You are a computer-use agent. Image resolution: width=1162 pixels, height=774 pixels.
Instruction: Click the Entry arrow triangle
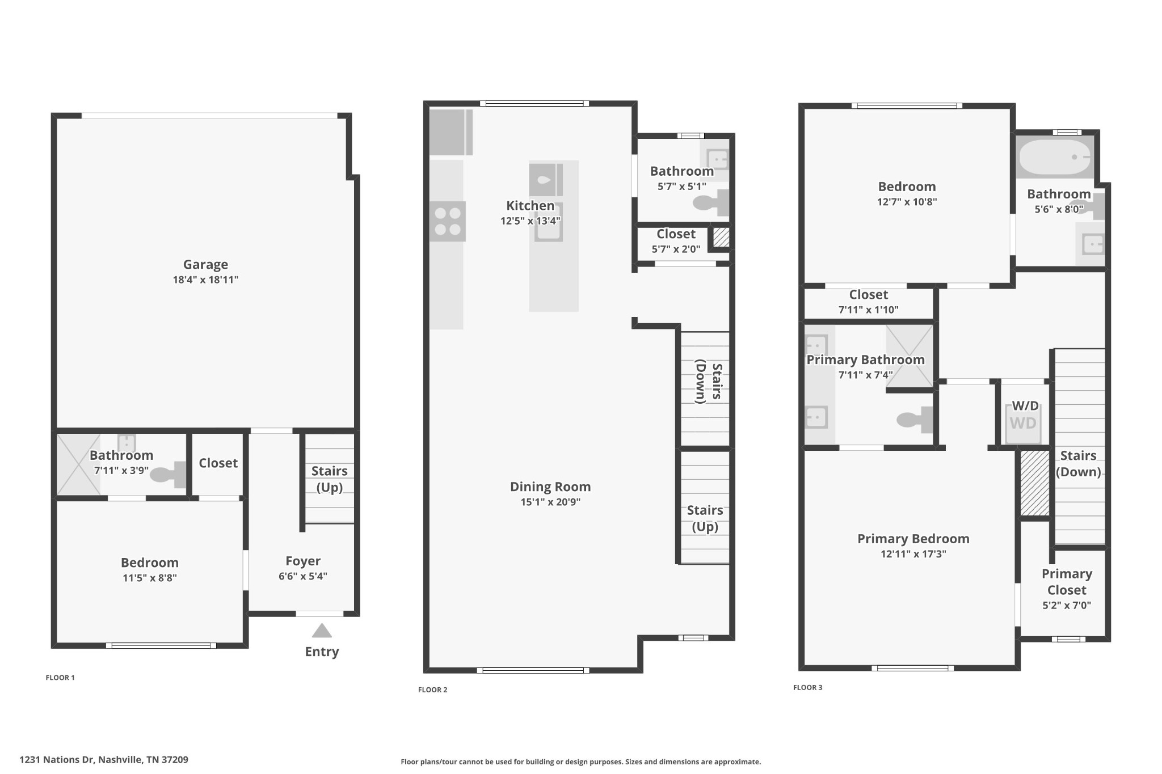pos(322,631)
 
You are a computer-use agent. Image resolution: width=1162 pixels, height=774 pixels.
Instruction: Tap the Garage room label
pos(205,264)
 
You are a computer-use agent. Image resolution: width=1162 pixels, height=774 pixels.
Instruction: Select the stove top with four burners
pos(447,221)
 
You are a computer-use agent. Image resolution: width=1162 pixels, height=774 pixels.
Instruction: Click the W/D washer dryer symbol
pos(1023,423)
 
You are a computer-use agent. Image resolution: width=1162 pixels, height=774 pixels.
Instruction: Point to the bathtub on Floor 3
pos(1055,157)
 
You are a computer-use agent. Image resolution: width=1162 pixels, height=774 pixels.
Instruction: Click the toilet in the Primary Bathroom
pos(915,420)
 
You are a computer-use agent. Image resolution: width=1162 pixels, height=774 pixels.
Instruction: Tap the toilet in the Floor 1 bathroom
pos(168,475)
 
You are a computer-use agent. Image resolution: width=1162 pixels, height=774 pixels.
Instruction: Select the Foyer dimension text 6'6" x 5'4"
pos(303,576)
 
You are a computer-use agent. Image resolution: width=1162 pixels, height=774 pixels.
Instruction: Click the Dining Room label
pos(550,487)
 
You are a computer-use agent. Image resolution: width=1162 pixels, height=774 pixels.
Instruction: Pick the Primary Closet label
pos(1067,582)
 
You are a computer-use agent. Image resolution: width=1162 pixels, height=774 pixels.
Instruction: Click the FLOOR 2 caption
pos(433,690)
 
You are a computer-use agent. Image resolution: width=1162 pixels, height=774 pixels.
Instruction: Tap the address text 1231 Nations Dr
pos(57,759)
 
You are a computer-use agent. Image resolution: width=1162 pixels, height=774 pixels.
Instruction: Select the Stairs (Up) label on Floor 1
pos(330,479)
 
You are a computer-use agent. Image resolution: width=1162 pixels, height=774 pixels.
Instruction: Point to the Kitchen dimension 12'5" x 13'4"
pos(531,221)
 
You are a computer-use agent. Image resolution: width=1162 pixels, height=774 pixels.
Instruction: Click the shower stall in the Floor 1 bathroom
pos(79,464)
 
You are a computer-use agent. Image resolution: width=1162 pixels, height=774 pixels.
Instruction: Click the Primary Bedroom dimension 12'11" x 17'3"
pos(913,554)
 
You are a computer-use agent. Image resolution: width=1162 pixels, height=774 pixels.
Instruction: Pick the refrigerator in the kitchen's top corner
pos(451,132)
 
